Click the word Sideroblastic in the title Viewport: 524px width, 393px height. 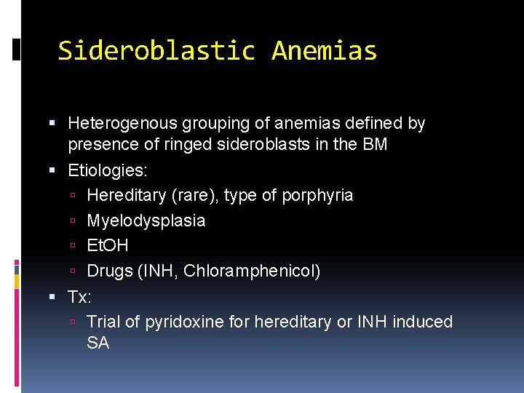[x=156, y=51]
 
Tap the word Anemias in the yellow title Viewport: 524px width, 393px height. [x=324, y=51]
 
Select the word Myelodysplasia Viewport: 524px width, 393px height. [x=146, y=221]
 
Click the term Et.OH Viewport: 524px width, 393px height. [x=108, y=246]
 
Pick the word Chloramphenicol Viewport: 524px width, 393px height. [x=251, y=271]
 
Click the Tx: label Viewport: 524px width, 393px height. [x=80, y=297]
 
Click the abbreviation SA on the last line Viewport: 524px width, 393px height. [x=98, y=343]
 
